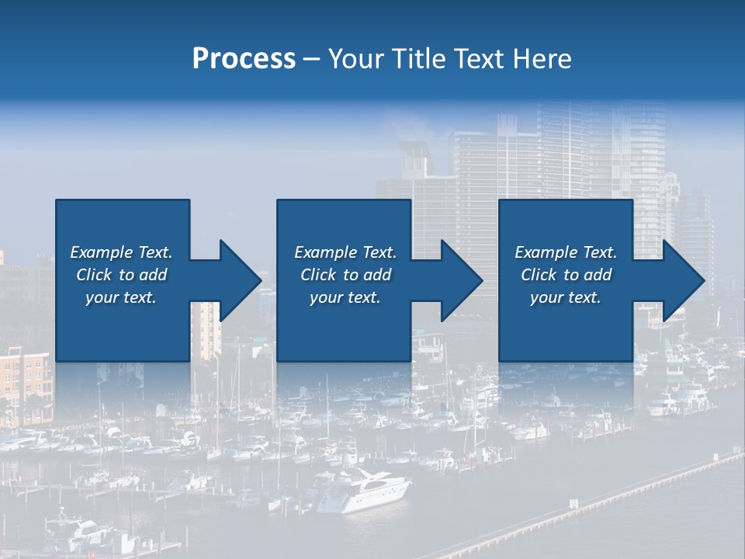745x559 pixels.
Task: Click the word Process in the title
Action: [244, 59]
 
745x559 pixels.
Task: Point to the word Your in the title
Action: [355, 59]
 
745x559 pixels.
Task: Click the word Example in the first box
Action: [101, 252]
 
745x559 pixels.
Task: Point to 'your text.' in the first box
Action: [121, 297]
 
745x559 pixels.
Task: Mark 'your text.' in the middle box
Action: [345, 297]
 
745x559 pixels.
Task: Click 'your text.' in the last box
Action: [566, 297]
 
